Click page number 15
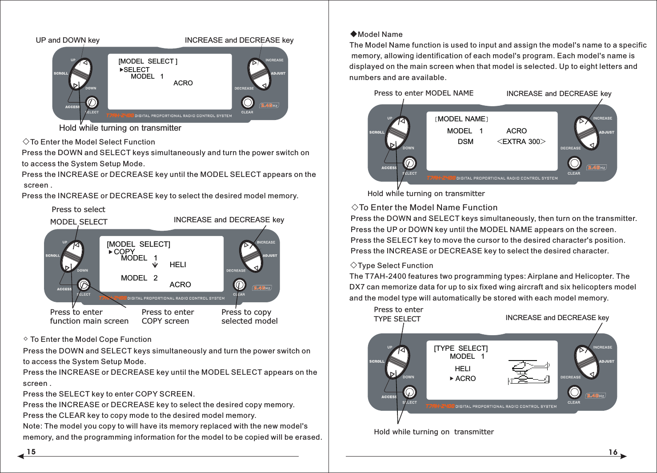tap(31, 452)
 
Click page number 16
tap(613, 452)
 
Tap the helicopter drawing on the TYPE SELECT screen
tap(529, 373)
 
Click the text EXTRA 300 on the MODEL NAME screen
tap(521, 142)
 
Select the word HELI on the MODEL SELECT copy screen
tap(178, 265)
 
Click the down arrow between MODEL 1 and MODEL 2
tap(155, 265)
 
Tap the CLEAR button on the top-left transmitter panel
tap(248, 103)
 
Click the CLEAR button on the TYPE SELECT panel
tap(574, 392)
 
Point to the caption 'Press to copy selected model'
tap(249, 317)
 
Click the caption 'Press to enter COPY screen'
tap(168, 317)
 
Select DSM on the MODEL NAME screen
tap(465, 142)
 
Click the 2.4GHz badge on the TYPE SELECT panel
tap(595, 396)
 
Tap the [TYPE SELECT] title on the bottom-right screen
tap(461, 349)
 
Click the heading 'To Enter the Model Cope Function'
tap(90, 340)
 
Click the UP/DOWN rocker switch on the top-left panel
tap(80, 74)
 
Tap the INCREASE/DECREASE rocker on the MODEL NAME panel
tap(586, 132)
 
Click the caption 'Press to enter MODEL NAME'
tap(424, 93)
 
